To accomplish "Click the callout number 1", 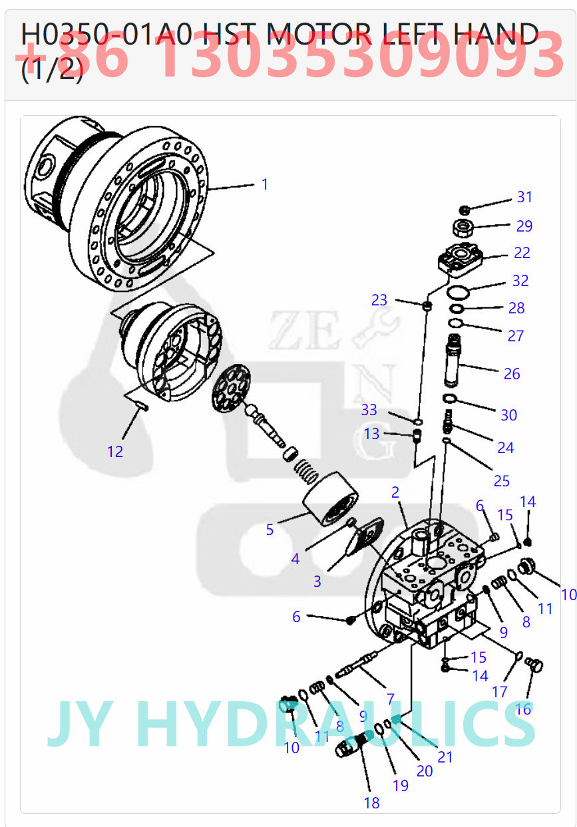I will point(264,184).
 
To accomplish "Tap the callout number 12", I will point(115,452).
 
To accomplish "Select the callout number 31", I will point(525,197).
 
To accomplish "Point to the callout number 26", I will point(512,374).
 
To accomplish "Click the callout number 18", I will point(371,803).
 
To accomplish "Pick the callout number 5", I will point(270,530).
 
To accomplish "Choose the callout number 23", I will point(379,300).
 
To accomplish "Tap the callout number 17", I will point(500,692).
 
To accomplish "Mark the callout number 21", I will point(445,757).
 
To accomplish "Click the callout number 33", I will point(369,409).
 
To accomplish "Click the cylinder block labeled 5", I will point(331,498).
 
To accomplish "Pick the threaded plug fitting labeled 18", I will point(353,743).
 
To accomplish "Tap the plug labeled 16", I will point(534,665).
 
